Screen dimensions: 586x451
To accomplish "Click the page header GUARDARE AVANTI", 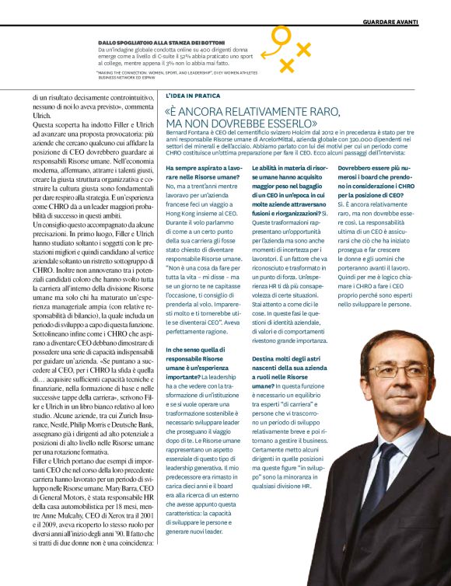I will pos(406,21).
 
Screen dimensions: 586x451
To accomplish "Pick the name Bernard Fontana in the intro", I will pos(187,134).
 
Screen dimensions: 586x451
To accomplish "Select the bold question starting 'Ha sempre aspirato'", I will pos(198,172).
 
